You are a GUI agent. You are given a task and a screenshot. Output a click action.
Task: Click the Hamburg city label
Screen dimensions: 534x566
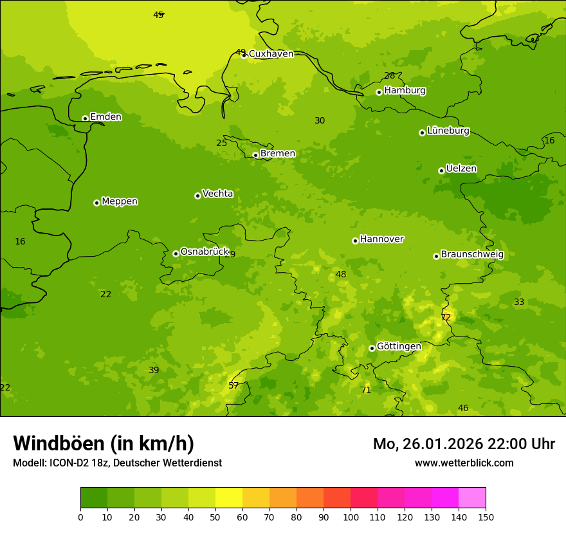coord(405,91)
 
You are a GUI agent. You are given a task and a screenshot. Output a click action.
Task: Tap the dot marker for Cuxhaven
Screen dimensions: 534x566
coord(244,55)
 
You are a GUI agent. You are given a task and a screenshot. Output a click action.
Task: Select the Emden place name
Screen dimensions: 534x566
coord(105,117)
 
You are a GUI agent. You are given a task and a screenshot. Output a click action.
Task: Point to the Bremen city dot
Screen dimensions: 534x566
coord(255,155)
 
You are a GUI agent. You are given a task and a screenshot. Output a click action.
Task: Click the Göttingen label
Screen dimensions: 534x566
coord(399,346)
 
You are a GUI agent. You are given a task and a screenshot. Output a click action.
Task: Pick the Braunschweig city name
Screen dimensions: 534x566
coord(472,255)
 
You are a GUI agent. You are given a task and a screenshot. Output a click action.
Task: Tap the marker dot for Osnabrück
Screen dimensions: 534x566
coord(176,253)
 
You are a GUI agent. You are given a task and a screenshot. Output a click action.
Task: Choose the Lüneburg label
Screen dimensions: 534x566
coord(448,131)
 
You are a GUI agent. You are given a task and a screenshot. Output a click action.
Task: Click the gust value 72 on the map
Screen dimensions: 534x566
coord(446,317)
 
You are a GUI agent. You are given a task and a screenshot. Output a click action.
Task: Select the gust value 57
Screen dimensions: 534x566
coord(233,385)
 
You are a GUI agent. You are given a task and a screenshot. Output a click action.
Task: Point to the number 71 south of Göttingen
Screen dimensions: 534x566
coord(366,390)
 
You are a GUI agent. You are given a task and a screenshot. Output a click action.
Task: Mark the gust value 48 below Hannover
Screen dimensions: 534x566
coord(341,274)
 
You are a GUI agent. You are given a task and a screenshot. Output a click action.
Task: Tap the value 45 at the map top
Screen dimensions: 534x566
coord(158,15)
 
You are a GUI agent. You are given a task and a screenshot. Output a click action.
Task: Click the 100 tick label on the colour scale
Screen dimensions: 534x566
coord(351,517)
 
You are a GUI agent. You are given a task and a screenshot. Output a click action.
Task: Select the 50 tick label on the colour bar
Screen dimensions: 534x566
coord(215,517)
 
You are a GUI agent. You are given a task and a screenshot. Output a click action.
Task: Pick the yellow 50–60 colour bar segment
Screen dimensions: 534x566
coord(229,498)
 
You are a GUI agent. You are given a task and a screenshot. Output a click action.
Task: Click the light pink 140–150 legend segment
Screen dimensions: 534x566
coord(472,498)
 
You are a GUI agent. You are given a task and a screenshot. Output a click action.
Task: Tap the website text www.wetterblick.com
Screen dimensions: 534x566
coord(464,463)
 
